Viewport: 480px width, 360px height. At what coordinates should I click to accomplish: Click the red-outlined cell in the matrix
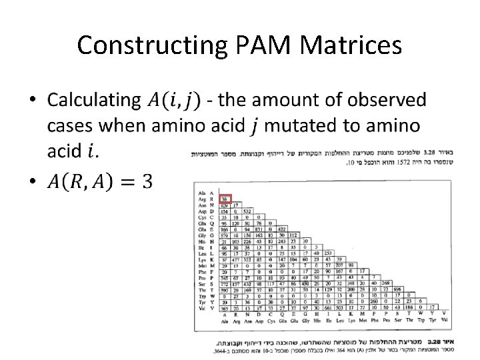226,198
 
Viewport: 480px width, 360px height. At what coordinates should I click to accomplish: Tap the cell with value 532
247,211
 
